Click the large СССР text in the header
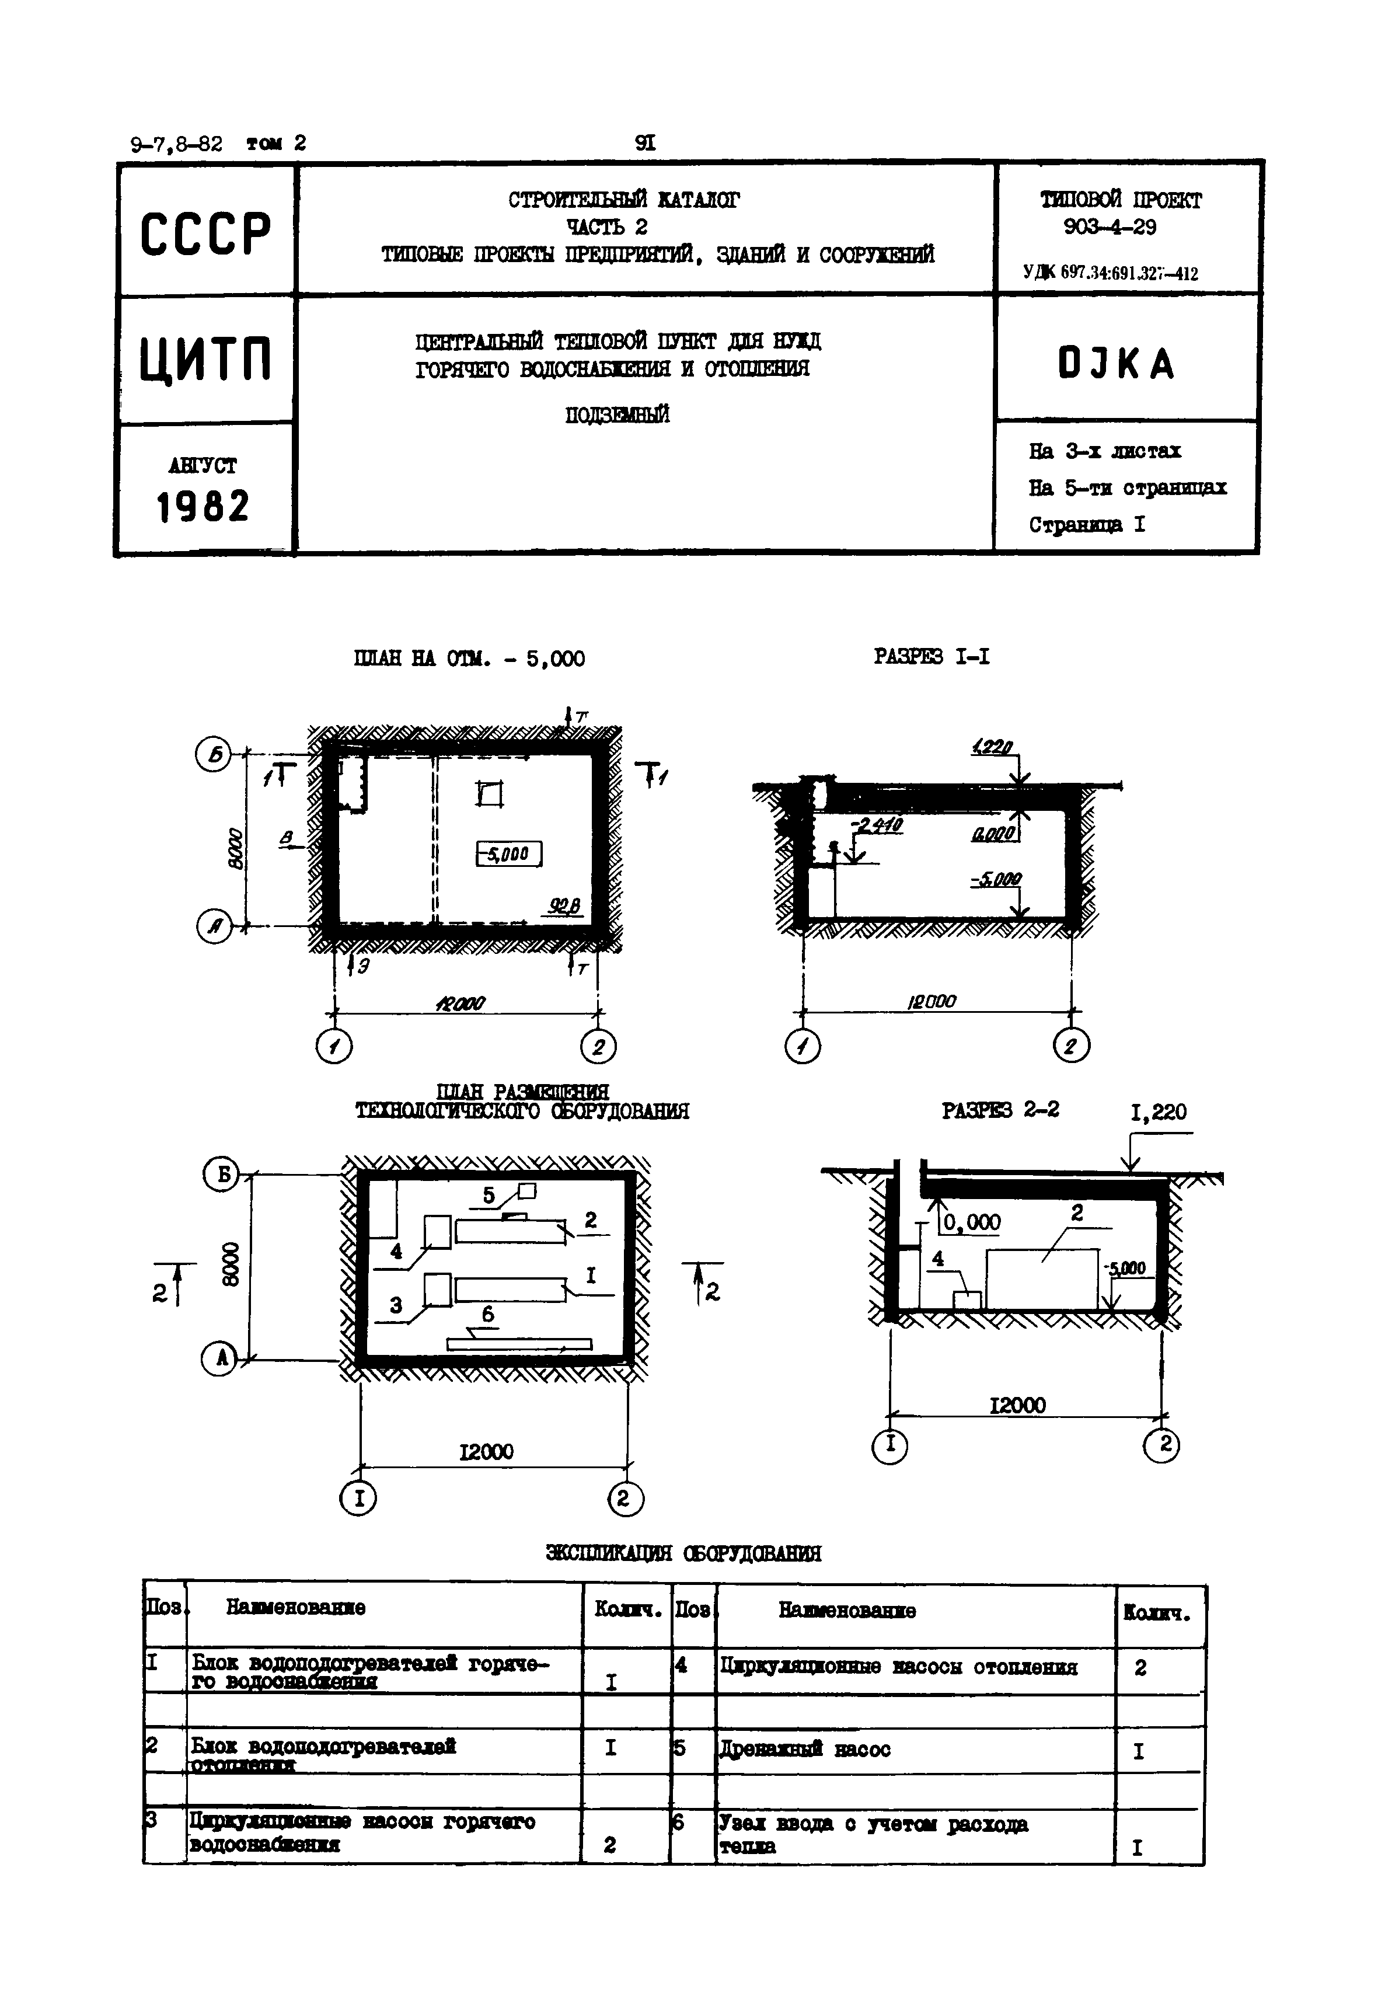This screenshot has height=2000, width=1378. [205, 233]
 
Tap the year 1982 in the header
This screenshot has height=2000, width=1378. [203, 507]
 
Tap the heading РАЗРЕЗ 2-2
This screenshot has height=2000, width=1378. [1000, 1110]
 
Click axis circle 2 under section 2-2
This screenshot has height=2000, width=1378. [1161, 1445]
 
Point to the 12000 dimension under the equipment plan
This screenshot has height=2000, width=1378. [486, 1452]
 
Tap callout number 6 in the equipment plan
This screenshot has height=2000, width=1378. [488, 1314]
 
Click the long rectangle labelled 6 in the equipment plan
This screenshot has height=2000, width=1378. [519, 1344]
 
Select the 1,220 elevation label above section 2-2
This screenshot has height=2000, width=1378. [1159, 1112]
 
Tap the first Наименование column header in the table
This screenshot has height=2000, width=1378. [295, 1607]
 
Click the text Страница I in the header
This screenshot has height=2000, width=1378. [1086, 525]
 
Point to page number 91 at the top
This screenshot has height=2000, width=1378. [645, 142]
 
